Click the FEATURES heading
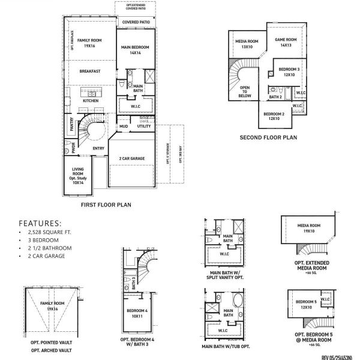(41, 221)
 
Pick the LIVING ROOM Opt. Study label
(78, 176)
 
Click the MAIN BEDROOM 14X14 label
(134, 50)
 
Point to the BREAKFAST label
(89, 71)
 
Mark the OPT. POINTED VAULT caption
(52, 342)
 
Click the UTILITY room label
(144, 127)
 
